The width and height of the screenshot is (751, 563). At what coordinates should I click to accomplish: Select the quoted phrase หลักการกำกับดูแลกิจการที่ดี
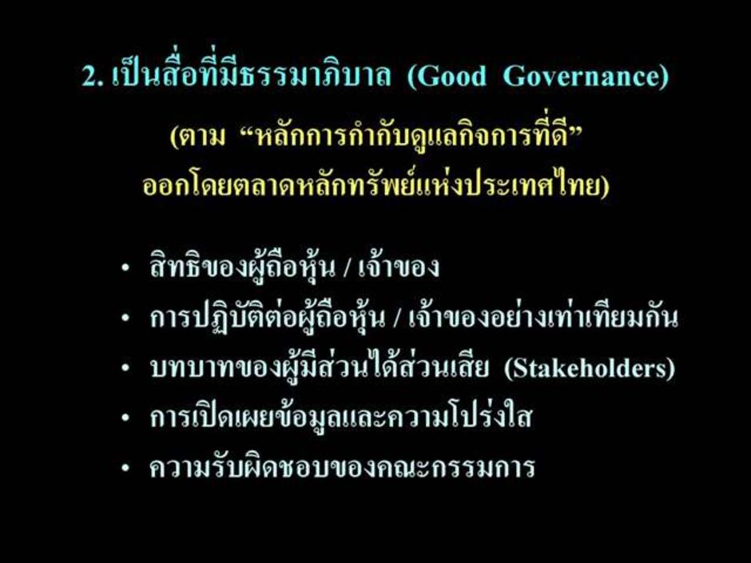click(413, 136)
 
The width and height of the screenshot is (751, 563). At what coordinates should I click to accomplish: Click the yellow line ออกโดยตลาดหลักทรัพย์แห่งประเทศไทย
click(376, 184)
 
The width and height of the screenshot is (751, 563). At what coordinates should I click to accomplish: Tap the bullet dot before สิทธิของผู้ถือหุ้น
click(125, 268)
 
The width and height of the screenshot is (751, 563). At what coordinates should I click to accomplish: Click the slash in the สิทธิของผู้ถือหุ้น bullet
click(346, 268)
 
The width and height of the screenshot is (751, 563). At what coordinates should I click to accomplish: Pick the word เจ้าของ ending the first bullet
click(399, 266)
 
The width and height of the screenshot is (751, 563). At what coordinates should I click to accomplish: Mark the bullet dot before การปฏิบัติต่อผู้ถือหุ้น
click(125, 319)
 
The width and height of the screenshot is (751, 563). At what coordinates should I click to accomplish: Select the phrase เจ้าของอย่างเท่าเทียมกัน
click(543, 315)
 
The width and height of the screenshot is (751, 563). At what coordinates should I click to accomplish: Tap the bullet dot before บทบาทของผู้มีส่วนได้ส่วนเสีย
click(125, 369)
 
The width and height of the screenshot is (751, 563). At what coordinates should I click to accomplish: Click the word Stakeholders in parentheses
click(590, 367)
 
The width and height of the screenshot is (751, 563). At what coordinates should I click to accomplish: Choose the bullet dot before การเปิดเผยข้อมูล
click(125, 418)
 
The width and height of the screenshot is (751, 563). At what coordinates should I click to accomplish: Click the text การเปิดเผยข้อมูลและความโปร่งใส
click(341, 414)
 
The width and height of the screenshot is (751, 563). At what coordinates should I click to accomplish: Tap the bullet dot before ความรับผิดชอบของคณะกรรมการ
click(125, 468)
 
